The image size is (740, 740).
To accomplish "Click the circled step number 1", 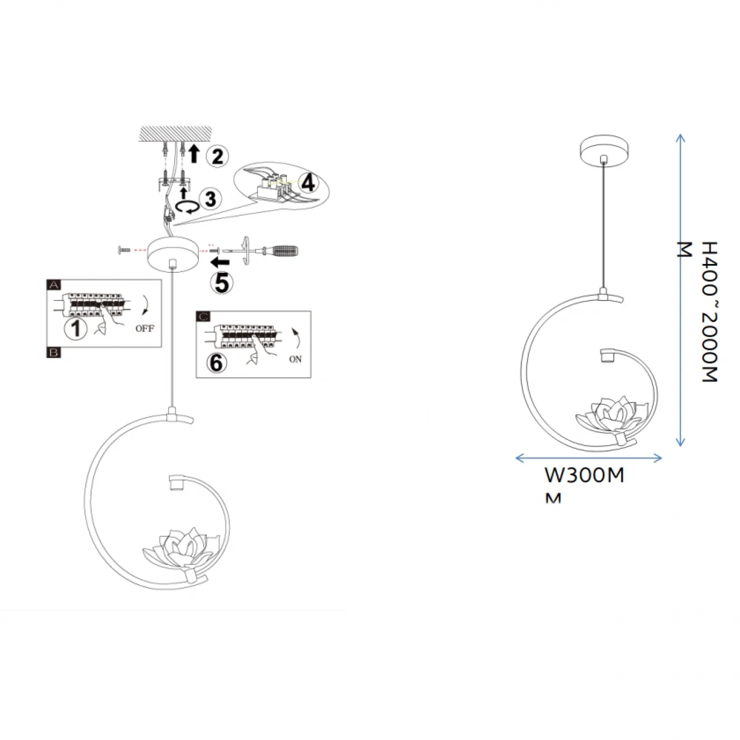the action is click(76, 328).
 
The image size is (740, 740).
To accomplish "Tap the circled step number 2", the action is click(218, 156).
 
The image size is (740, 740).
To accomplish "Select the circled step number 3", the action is click(211, 199).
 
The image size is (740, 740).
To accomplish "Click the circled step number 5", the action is click(222, 283).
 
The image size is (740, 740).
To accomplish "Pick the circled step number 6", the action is click(217, 363).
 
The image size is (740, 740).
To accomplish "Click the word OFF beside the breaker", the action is click(145, 329).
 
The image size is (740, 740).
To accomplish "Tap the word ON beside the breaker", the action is click(296, 359).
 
